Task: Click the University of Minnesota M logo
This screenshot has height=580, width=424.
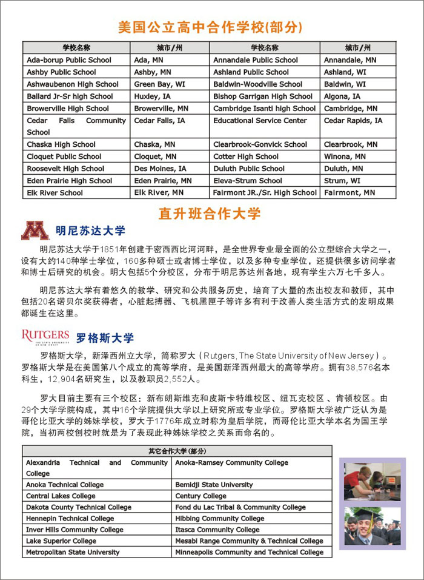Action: click(35, 231)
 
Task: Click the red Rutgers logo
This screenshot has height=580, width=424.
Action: click(45, 336)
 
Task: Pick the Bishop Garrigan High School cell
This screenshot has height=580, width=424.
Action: click(263, 96)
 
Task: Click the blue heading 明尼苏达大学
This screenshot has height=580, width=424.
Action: click(90, 231)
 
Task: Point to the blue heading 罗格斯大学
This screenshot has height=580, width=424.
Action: click(105, 338)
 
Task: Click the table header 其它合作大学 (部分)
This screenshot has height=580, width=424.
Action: click(177, 451)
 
